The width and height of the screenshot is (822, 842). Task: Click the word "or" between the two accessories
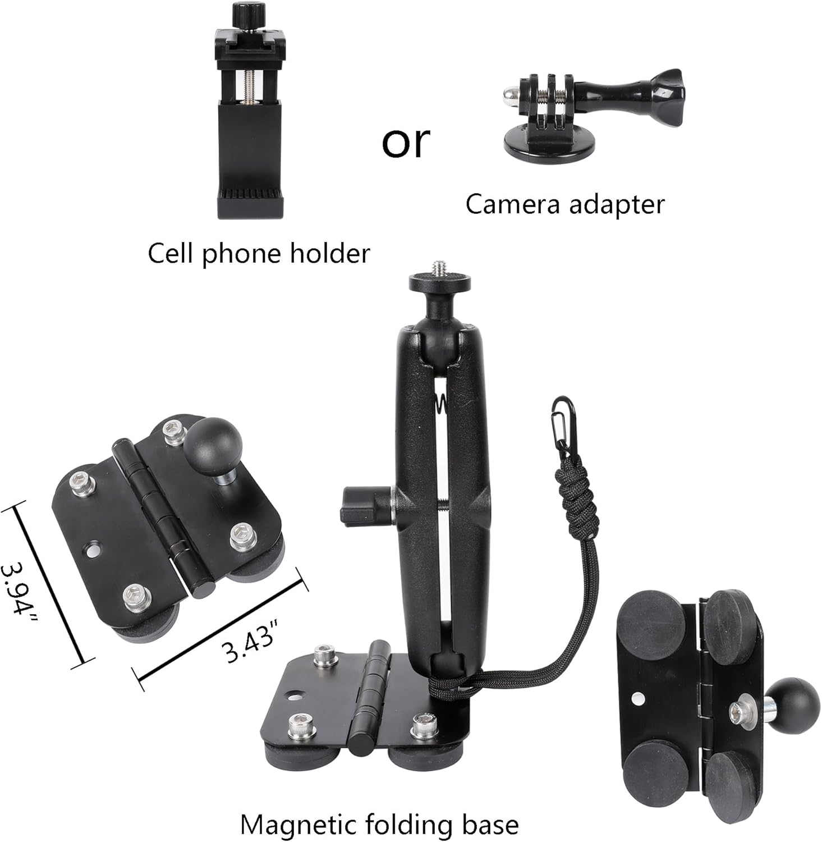pyautogui.click(x=406, y=142)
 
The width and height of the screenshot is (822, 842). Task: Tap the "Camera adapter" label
pyautogui.click(x=564, y=204)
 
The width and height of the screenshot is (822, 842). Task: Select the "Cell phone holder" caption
pyautogui.click(x=259, y=254)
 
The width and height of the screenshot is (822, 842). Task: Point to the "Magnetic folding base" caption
pyautogui.click(x=379, y=825)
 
